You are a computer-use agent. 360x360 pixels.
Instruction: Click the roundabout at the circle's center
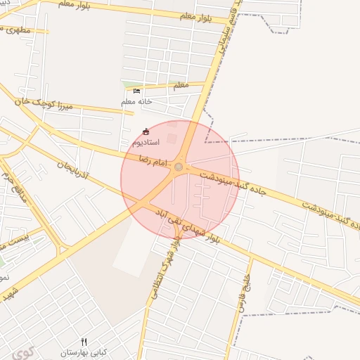179,167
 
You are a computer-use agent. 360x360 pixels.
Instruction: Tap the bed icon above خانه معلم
136,91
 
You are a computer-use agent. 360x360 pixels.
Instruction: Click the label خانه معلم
136,102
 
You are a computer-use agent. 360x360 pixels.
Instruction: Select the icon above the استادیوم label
146,131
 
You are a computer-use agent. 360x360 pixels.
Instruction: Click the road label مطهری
15,30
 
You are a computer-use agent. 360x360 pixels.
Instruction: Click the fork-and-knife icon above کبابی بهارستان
84,342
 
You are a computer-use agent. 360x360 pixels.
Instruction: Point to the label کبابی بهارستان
82,352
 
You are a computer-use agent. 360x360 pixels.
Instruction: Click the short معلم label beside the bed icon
180,86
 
